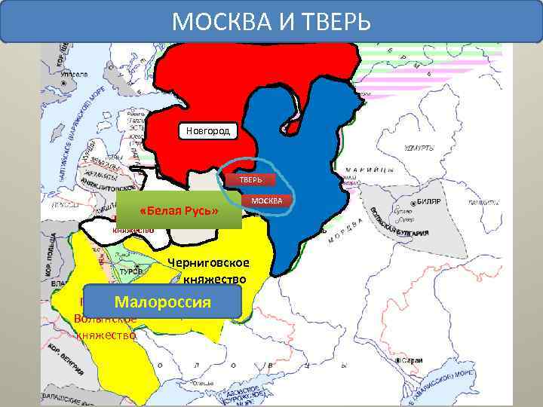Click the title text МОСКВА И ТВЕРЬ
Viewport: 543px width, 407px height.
(x=271, y=21)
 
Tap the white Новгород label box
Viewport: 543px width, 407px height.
(x=208, y=132)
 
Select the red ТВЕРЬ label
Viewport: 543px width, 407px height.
(x=251, y=180)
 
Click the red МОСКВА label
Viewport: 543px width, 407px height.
(x=265, y=200)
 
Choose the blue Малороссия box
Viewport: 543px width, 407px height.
(x=162, y=302)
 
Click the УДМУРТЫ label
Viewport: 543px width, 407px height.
(x=419, y=148)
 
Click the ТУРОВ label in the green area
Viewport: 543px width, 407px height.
(x=124, y=271)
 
